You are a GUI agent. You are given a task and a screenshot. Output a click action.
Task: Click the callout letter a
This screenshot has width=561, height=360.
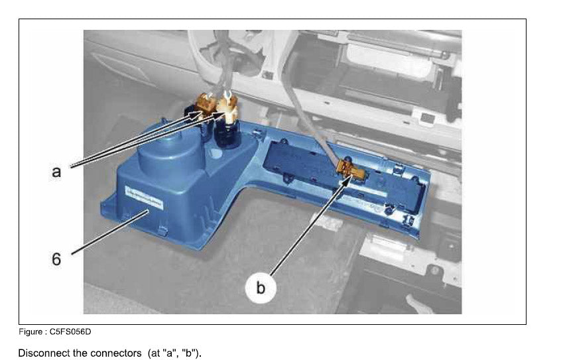tap(56, 172)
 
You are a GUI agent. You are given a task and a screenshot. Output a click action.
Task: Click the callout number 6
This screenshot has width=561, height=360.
tap(56, 259)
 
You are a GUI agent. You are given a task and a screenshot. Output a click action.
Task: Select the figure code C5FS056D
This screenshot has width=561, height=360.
tap(70, 331)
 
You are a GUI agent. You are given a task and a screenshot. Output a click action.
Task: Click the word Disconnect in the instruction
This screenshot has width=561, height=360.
tap(44, 353)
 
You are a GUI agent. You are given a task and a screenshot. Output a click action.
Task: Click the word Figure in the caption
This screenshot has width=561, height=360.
tap(30, 331)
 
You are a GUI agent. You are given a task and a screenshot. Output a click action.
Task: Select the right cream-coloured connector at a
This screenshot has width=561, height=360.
tap(227, 106)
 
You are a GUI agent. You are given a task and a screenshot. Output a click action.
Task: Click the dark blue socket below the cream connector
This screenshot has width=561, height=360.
tap(227, 134)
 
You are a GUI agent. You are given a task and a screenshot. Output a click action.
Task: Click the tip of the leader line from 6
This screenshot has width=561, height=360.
tap(149, 211)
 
